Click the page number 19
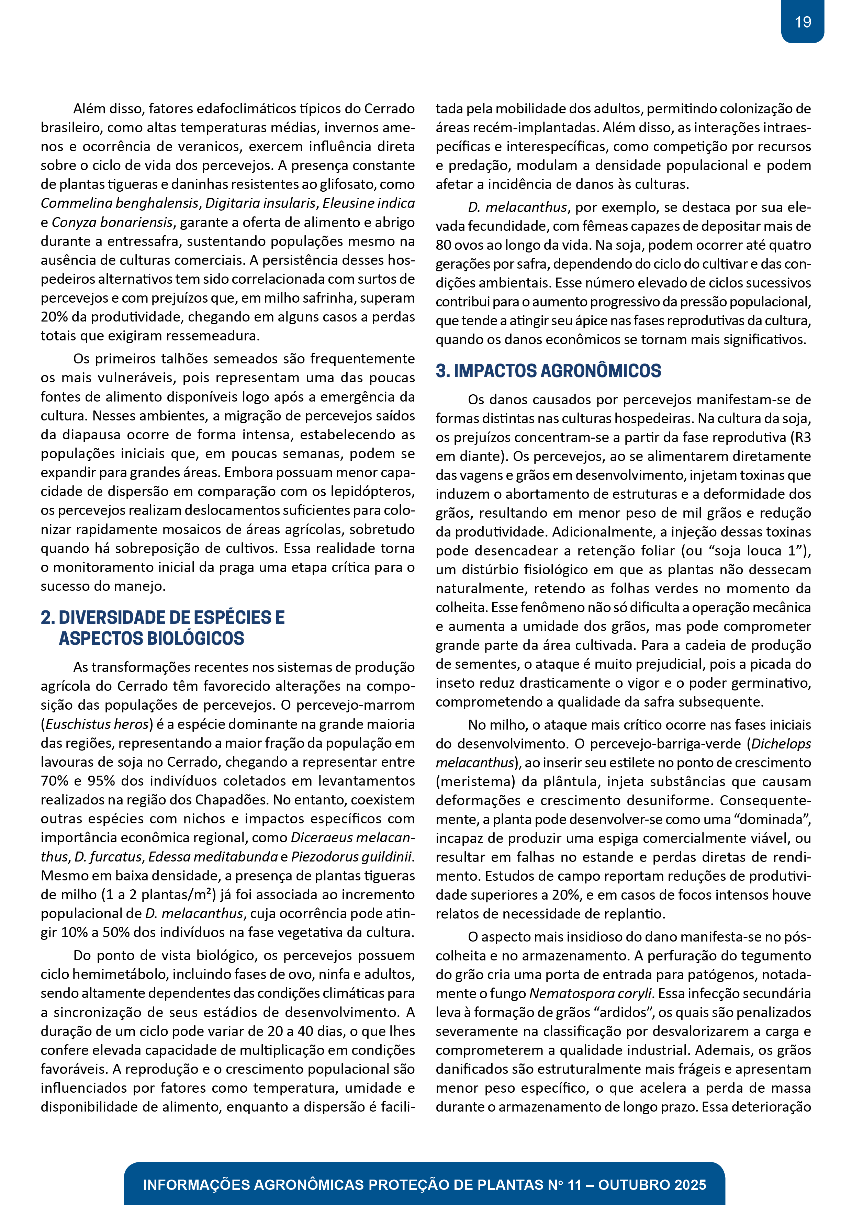[x=803, y=22]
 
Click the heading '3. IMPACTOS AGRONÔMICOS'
[x=548, y=371]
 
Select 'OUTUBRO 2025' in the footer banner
[x=652, y=1184]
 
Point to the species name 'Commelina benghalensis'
[x=120, y=203]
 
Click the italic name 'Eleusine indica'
[x=369, y=203]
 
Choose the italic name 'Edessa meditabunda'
[x=213, y=856]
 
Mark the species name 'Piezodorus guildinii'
[x=352, y=856]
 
